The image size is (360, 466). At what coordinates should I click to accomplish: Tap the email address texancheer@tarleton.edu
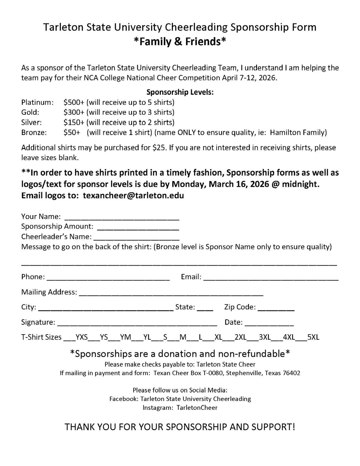[x=133, y=196]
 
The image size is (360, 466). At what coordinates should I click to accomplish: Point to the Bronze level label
[x=34, y=133]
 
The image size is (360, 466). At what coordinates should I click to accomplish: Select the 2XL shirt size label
[x=241, y=337]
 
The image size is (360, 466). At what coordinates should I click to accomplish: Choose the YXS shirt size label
[x=82, y=337]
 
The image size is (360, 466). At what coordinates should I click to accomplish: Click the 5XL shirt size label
[x=313, y=337]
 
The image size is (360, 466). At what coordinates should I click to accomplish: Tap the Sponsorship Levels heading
[x=180, y=92]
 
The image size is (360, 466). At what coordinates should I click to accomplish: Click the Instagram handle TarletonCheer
[x=197, y=408]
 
